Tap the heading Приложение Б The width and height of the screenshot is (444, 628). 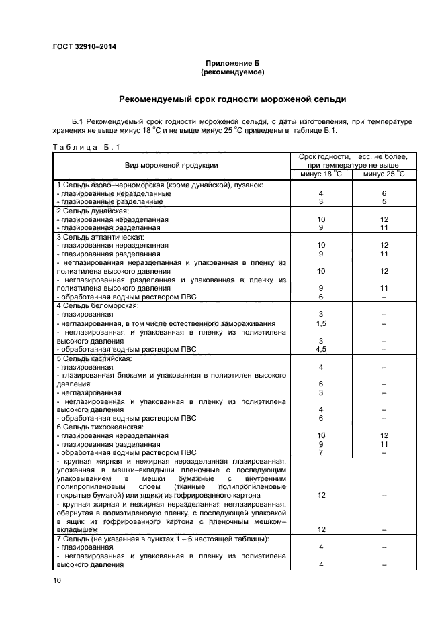[232, 62]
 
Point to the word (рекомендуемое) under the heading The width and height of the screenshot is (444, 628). [232, 71]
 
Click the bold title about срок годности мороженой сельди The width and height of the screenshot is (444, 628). [232, 99]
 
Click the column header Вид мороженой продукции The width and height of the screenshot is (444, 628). [171, 165]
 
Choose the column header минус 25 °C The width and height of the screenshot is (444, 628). [384, 174]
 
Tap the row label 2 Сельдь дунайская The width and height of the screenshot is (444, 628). [97, 211]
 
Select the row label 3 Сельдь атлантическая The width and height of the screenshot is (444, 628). [101, 237]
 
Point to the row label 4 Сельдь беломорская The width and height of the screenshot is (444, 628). [98, 306]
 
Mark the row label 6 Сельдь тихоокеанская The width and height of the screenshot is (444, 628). [101, 427]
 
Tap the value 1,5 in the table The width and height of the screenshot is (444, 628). [321, 323]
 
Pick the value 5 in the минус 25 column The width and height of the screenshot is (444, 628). [384, 201]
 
